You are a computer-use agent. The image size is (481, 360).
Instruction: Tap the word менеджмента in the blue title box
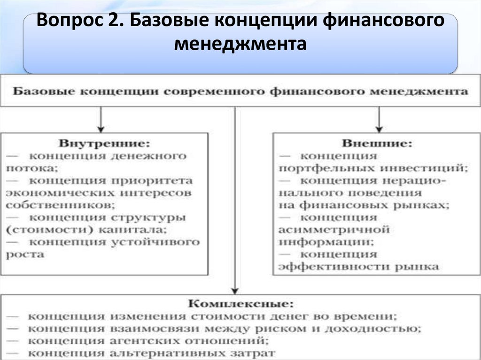pos(240,45)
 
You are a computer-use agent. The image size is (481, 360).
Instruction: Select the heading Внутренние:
pos(105,142)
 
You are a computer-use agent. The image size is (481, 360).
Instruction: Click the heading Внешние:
pos(377,142)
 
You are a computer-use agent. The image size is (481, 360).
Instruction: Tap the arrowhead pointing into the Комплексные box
pos(234,290)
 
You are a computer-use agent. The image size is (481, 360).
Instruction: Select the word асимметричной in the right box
pos(334,230)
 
